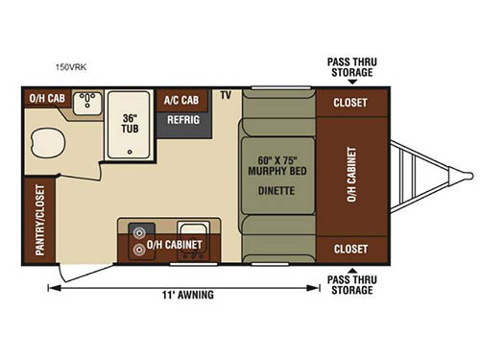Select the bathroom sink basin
tap(88, 102)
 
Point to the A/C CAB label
tap(180, 99)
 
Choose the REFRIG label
tap(182, 121)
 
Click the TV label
tap(226, 96)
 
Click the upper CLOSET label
tap(350, 103)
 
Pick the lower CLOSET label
tap(350, 249)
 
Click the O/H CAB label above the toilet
tap(44, 98)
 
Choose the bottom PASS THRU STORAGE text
tap(351, 284)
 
